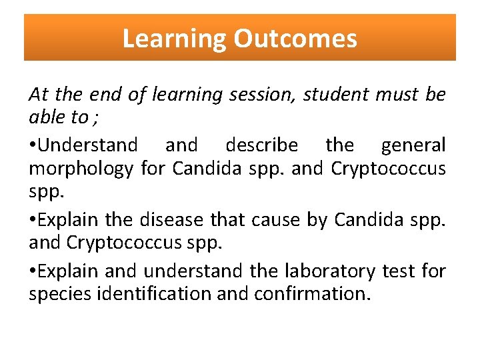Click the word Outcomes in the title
click(x=295, y=39)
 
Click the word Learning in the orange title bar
click(x=175, y=39)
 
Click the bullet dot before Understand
click(x=33, y=145)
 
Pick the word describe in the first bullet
click(x=261, y=145)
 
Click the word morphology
click(x=81, y=169)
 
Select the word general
click(x=413, y=145)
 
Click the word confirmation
click(x=311, y=294)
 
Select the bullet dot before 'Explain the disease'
click(x=33, y=219)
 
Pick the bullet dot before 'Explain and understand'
click(x=33, y=271)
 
